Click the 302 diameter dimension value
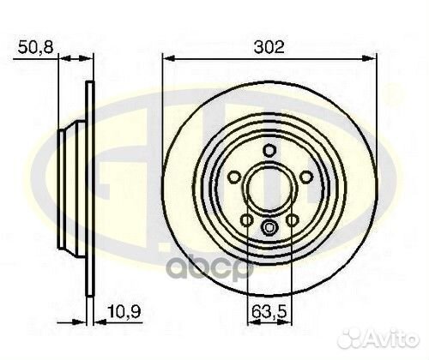pos(269,47)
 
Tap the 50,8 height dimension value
pos(35,47)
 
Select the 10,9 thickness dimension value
pos(124,311)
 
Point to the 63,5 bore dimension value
pos(269,312)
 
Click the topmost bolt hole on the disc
pos(269,150)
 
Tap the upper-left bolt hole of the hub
pos(235,177)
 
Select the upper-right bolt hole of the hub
pos(305,177)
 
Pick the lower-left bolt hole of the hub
pos(247,220)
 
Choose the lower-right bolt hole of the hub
pos(293,220)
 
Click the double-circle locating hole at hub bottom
pos(269,227)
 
